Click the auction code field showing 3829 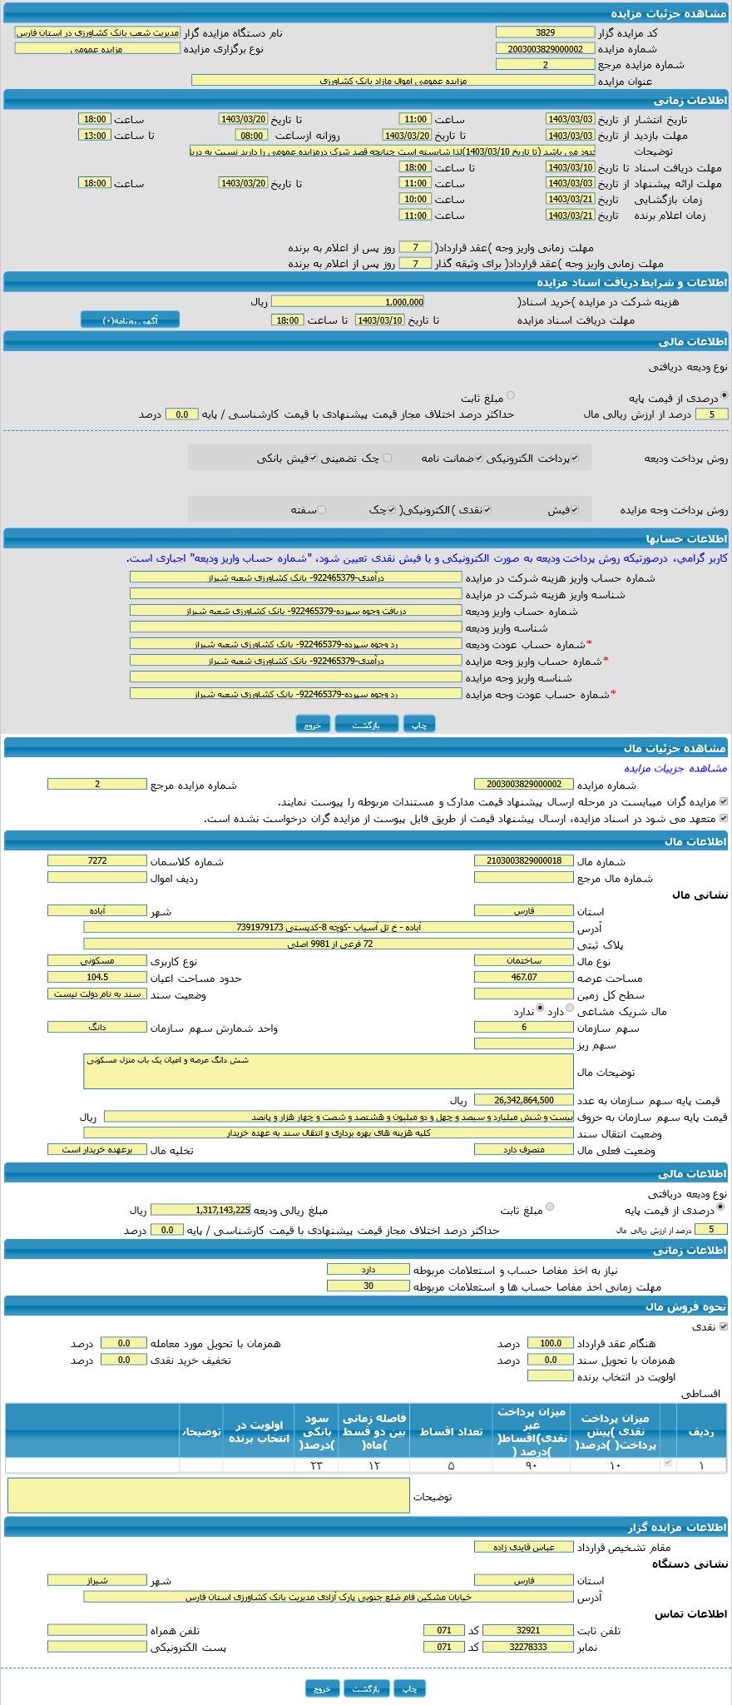tap(545, 32)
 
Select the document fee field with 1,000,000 tap(347, 302)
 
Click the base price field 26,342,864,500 tap(523, 1100)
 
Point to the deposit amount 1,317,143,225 tap(200, 1210)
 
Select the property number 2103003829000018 tap(523, 861)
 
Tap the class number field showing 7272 tap(96, 861)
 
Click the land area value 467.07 tap(523, 978)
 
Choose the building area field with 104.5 tap(96, 978)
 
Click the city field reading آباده tap(96, 910)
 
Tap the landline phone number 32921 tap(527, 1630)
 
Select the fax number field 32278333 tap(527, 1647)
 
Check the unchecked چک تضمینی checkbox tap(387, 458)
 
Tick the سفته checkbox tap(322, 510)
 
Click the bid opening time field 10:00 tap(414, 199)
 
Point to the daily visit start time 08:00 tap(251, 135)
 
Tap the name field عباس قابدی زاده tap(523, 1547)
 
